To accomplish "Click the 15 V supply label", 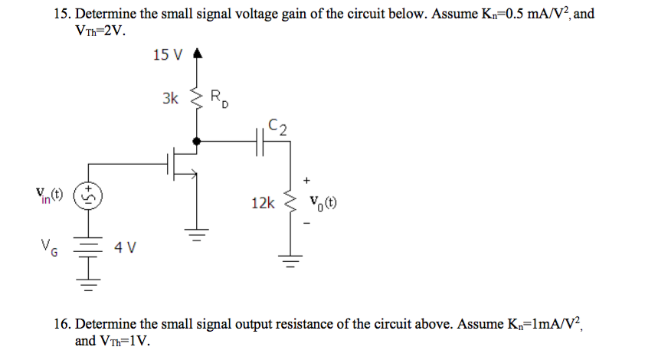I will pos(168,54).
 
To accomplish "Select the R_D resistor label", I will pos(218,98).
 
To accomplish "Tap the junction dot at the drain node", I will pos(198,141).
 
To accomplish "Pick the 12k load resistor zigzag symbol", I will pos(290,203).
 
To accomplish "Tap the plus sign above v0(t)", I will pos(307,180).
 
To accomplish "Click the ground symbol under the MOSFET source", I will pos(198,232).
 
